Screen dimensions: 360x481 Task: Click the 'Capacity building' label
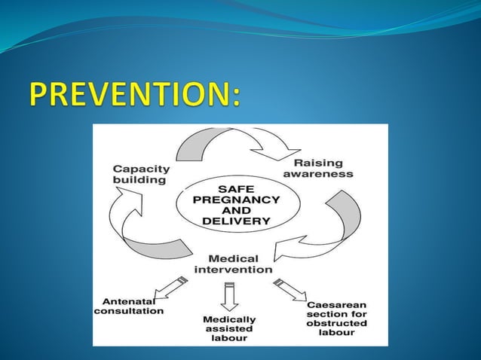(141, 175)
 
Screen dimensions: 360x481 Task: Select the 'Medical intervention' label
(234, 263)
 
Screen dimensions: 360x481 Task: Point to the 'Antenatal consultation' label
(127, 305)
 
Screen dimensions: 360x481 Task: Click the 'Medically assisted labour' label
(229, 328)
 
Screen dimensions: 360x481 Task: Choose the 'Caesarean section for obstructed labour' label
(336, 318)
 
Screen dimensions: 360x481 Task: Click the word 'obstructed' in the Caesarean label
(337, 323)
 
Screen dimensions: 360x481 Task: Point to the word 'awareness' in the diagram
(323, 173)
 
